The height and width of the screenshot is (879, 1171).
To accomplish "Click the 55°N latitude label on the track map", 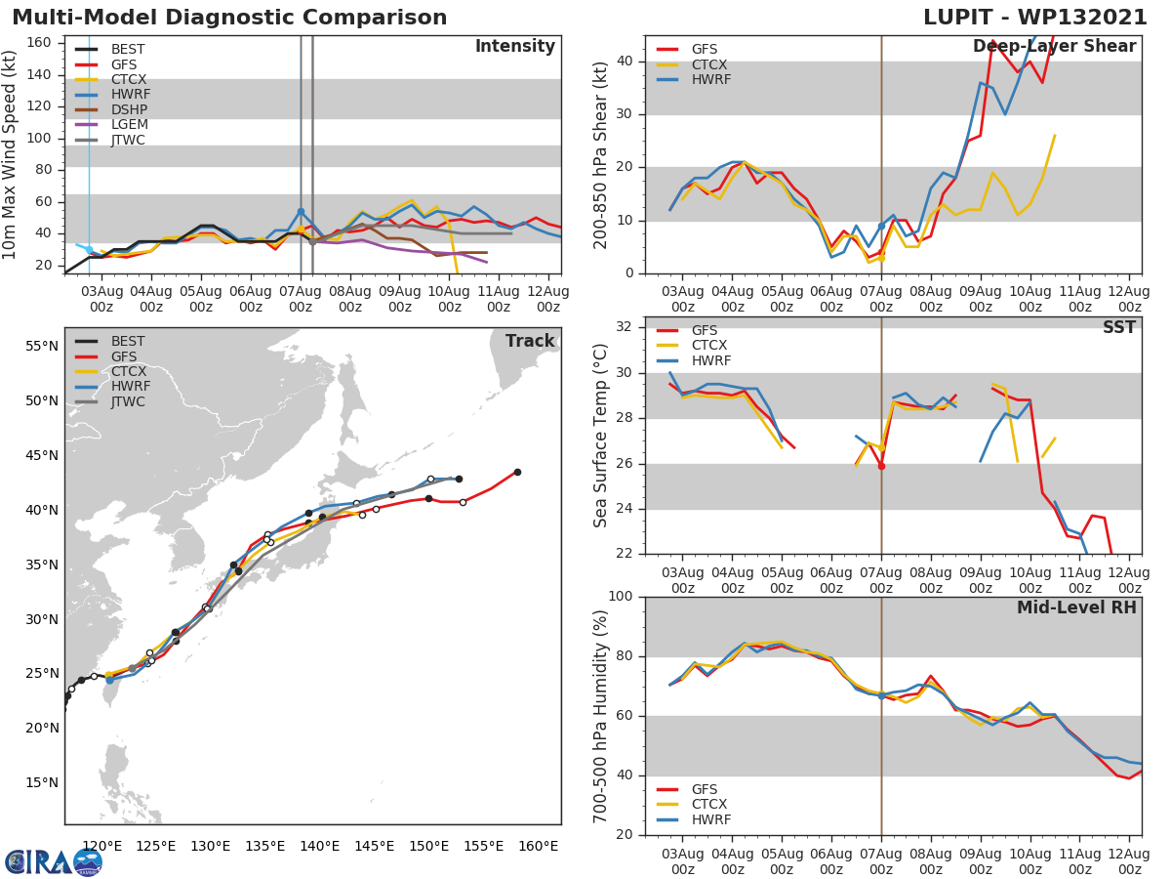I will click(x=42, y=346).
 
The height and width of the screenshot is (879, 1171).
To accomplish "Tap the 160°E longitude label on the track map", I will click(x=538, y=846).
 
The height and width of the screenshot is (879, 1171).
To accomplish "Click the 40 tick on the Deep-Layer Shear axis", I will click(x=623, y=62).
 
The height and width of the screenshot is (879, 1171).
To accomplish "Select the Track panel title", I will click(x=530, y=341).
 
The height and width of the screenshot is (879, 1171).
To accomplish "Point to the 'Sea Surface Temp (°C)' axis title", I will click(x=601, y=435).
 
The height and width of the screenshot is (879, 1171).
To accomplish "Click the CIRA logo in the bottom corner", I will click(x=53, y=861).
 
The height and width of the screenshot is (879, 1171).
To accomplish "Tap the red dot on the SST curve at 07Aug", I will click(x=881, y=466).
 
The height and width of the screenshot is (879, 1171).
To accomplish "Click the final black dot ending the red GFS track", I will click(x=517, y=472).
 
